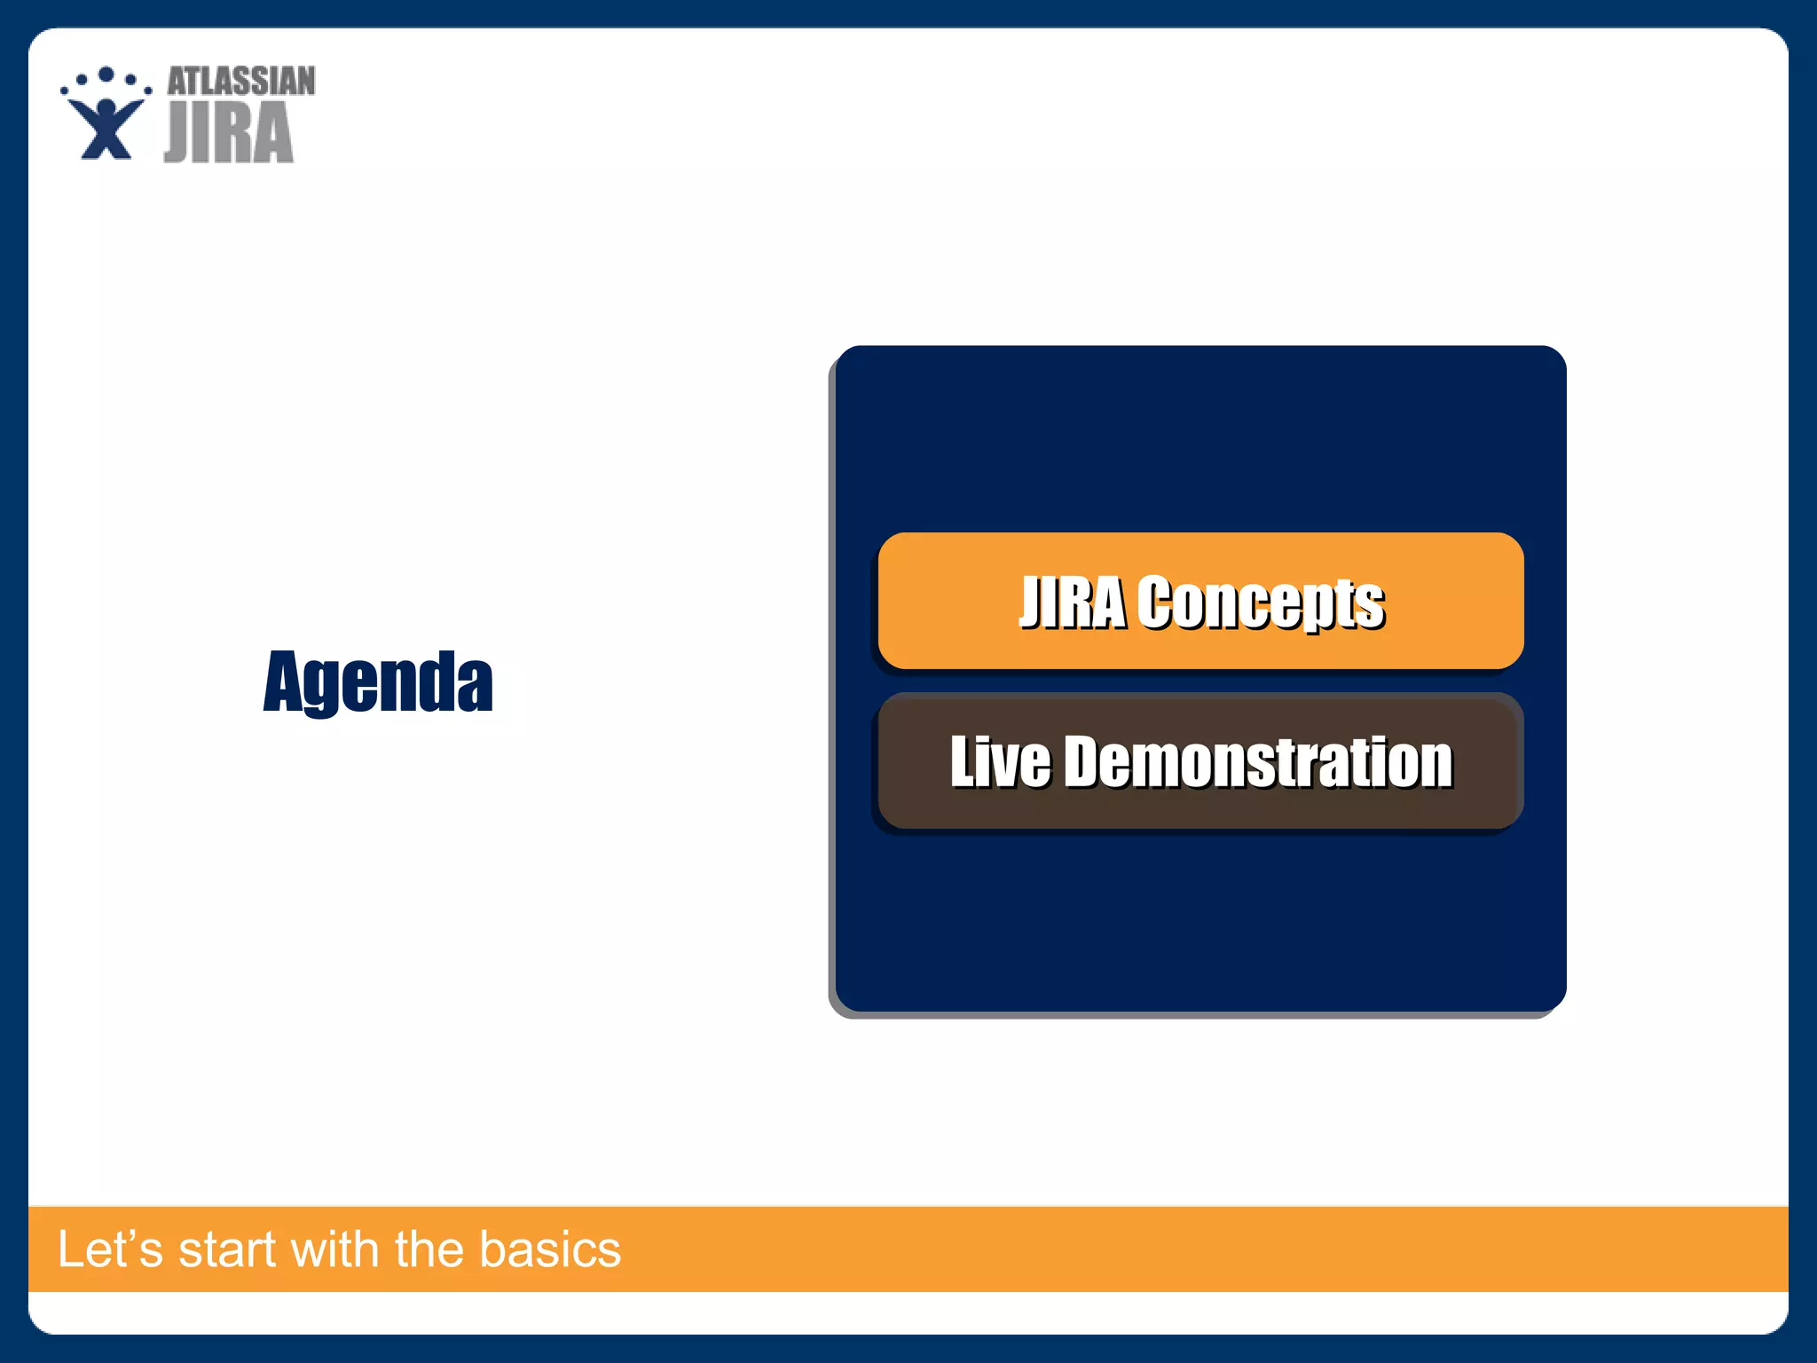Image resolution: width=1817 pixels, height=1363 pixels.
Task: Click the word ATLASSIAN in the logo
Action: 240,82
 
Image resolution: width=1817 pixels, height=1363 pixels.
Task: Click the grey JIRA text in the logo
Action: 229,133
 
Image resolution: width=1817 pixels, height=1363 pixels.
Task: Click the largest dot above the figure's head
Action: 106,75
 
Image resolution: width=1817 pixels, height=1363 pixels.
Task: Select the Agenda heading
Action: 378,681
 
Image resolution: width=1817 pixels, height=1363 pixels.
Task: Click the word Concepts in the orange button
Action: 1261,603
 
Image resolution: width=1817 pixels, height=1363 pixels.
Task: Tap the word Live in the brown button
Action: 1000,761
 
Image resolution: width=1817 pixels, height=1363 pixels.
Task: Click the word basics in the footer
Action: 550,1249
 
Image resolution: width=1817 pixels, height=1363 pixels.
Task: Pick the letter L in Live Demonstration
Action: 963,761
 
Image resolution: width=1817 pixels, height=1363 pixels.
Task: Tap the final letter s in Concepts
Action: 1372,607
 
